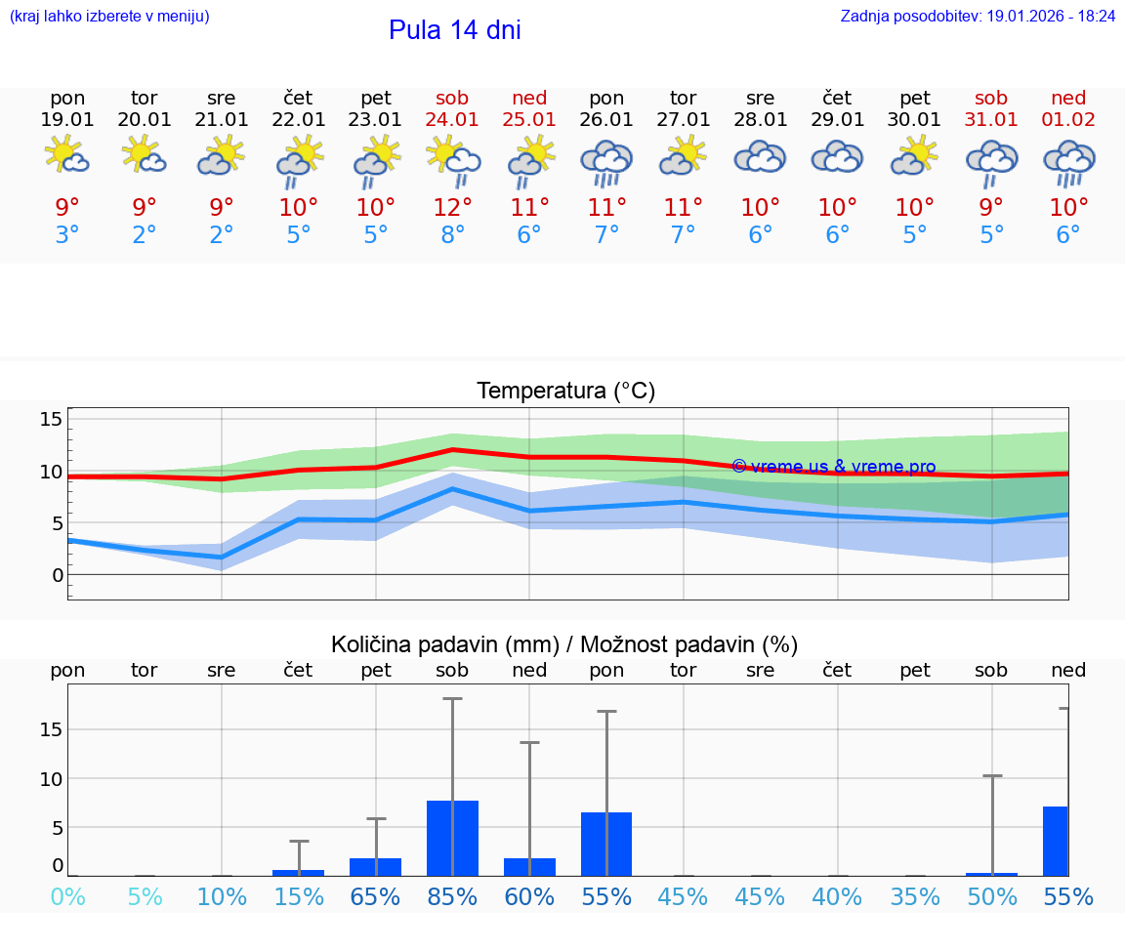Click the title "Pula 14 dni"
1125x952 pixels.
[454, 30]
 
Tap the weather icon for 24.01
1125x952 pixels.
[452, 160]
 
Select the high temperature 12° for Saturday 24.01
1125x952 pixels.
[452, 207]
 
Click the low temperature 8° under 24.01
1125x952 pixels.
[452, 235]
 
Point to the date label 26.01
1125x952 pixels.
[606, 120]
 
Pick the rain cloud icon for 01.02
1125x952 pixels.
[1068, 162]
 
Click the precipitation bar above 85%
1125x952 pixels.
[452, 838]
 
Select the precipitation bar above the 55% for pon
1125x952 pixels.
[606, 844]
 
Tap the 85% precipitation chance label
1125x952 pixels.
[452, 897]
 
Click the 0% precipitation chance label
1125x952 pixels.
[67, 897]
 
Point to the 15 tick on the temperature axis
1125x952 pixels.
[51, 420]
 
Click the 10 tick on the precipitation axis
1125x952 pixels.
[51, 779]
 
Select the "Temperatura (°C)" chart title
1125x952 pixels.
[565, 392]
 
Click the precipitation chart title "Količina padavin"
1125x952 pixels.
[564, 644]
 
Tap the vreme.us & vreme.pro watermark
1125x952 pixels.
[833, 467]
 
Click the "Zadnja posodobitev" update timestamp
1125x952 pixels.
[978, 17]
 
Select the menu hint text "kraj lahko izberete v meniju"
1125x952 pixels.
[108, 17]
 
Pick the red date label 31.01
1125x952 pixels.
[991, 120]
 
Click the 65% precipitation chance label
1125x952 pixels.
[375, 897]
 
